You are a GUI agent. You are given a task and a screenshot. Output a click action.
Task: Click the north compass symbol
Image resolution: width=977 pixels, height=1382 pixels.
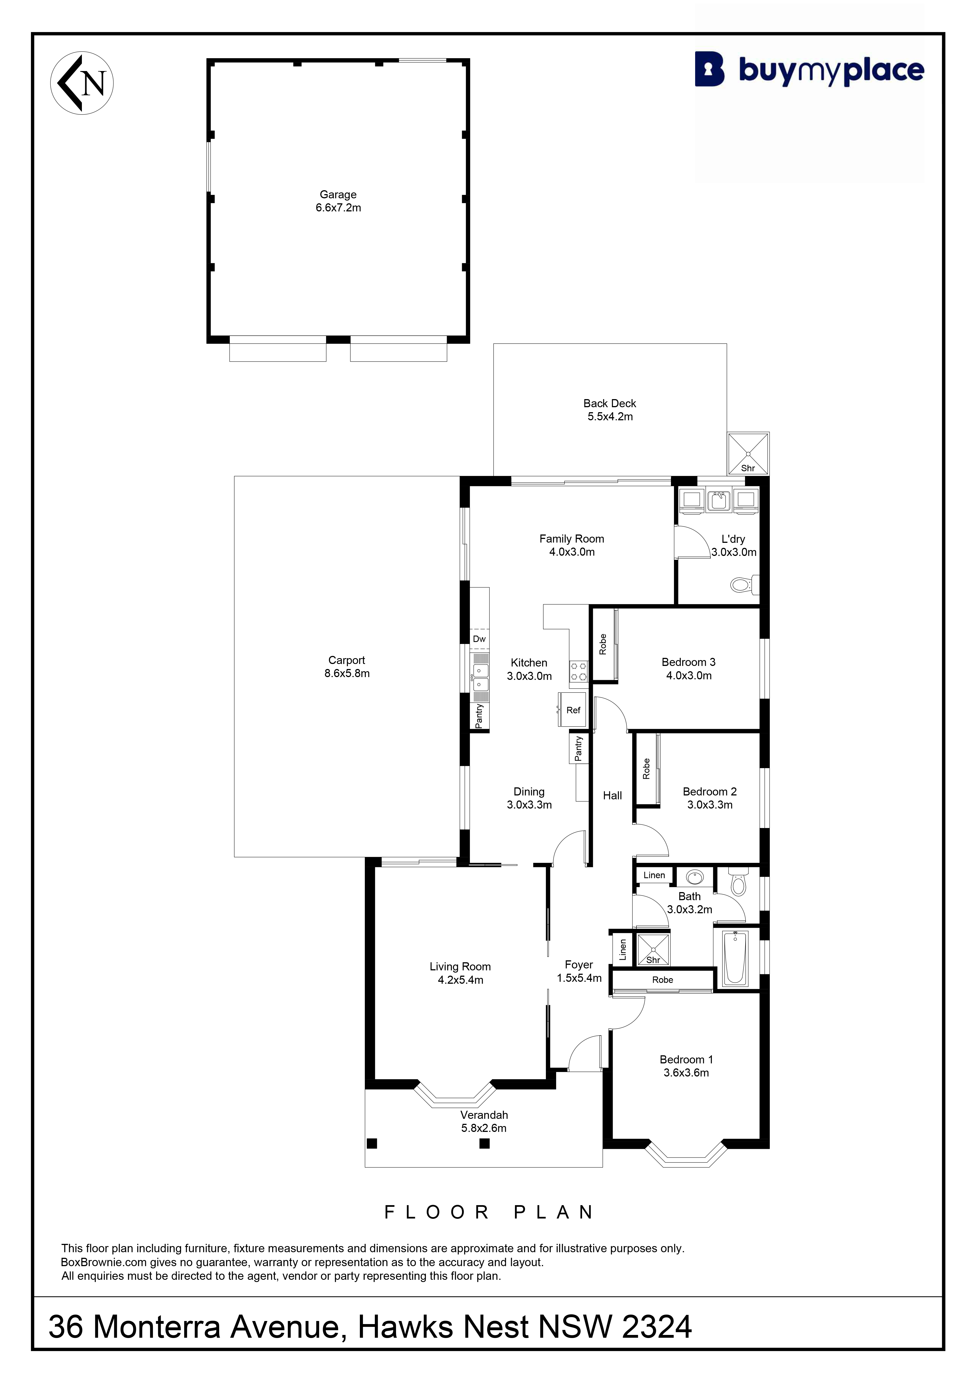pos(82,83)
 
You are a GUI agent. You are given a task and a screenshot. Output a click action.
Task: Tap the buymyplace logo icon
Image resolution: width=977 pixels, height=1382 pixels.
pos(710,69)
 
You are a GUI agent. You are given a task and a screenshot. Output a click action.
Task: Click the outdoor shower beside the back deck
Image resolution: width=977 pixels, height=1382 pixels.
pos(748,453)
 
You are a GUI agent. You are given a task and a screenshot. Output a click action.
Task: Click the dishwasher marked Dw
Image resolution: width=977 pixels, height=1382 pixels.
pos(479,639)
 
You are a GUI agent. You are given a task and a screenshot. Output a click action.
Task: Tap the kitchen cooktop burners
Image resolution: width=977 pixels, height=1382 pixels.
pos(578,671)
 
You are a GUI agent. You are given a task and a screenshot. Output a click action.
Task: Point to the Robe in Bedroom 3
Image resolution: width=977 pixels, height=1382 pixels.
pos(604,645)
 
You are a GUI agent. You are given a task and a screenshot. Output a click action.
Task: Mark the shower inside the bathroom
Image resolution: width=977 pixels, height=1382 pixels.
pos(653,949)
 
